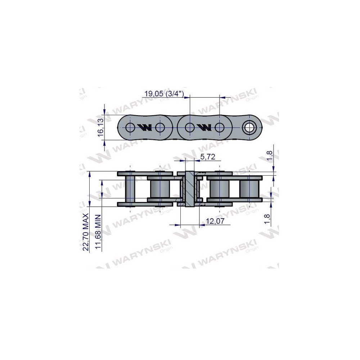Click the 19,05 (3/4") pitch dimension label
164,94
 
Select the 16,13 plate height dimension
101,128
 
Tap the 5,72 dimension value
208,157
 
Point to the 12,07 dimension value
215,221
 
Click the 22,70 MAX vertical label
86,232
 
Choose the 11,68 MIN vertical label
98,232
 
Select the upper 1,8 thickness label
270,156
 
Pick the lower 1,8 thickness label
267,219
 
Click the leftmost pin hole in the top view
130,127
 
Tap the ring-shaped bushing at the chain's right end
249,127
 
